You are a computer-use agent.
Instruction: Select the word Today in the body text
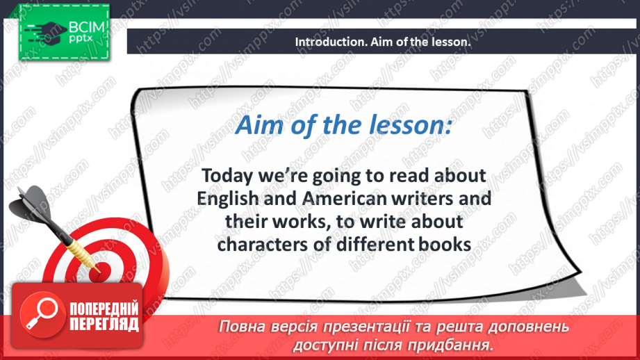click(227, 177)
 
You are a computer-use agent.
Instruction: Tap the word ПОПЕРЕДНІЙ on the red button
click(104, 309)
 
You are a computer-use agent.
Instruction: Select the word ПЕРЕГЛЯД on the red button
click(104, 324)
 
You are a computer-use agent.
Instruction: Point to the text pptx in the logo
click(81, 39)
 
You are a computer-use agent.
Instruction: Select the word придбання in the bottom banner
click(450, 345)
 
